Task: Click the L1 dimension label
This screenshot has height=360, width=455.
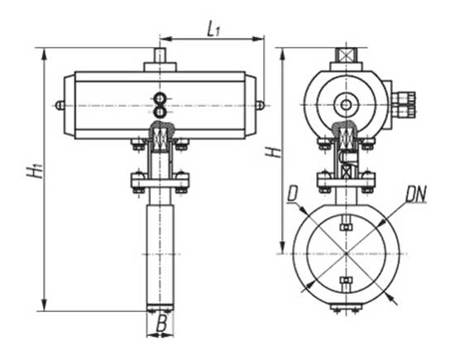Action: point(213,29)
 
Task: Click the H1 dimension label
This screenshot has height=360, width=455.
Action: point(35,171)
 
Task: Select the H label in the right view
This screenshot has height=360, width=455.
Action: point(274,151)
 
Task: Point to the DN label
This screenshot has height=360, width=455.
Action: point(416,194)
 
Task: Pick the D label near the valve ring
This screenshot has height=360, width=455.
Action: point(292,194)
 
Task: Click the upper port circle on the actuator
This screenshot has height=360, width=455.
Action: point(160,98)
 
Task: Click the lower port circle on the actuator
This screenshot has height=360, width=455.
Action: point(160,112)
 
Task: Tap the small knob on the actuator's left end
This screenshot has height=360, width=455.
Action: point(60,105)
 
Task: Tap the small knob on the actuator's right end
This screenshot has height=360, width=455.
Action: point(261,105)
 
